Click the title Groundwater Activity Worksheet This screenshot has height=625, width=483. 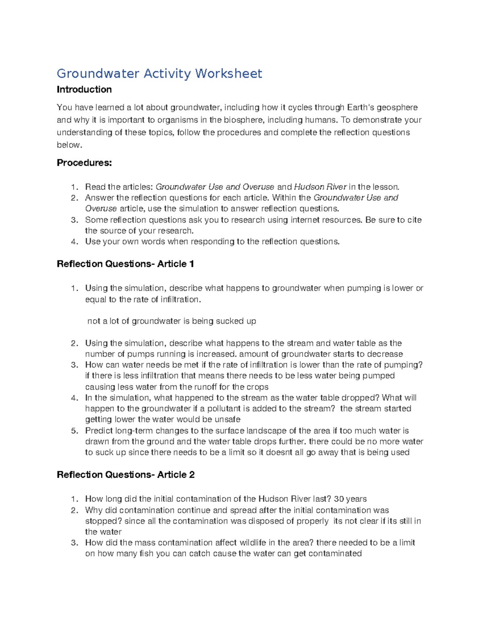pos(159,74)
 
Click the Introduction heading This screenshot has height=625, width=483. pos(84,89)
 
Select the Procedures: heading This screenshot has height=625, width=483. pos(84,163)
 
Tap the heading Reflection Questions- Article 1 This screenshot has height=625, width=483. pos(126,264)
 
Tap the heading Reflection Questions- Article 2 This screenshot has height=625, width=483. pos(126,475)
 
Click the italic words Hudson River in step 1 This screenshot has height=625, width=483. pos(320,187)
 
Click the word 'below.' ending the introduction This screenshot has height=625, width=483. pos(69,145)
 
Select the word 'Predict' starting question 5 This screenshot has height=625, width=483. pos(99,431)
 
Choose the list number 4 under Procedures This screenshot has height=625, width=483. pos(74,242)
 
